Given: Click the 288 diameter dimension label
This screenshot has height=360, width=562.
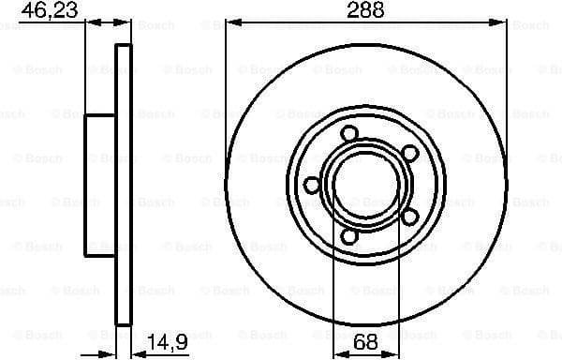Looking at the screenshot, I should point(366,11).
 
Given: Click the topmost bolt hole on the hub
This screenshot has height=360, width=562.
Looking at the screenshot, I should point(349,132).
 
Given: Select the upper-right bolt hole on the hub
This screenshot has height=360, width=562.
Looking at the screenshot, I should point(409,152).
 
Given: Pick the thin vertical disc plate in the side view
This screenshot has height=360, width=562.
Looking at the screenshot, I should point(123,185).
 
